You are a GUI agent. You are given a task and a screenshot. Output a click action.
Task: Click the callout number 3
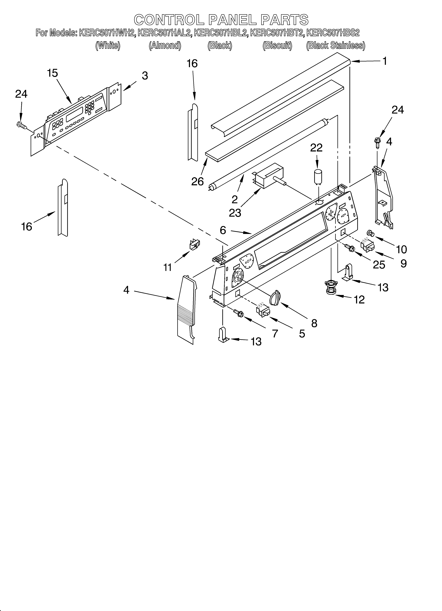(145, 76)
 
